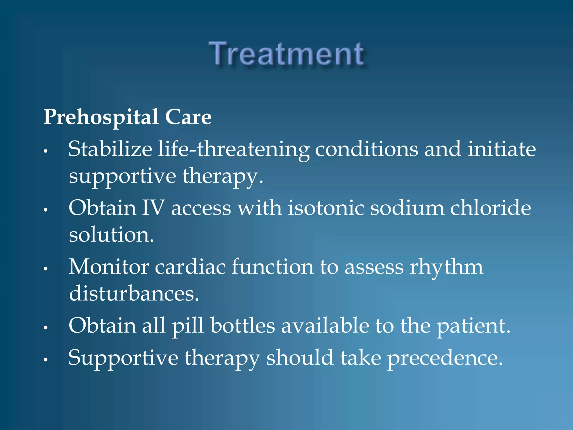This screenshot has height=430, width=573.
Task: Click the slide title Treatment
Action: click(286, 54)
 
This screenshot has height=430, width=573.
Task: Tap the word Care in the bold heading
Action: click(188, 117)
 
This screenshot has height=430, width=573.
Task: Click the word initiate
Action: click(502, 149)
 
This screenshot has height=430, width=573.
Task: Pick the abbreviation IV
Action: click(153, 208)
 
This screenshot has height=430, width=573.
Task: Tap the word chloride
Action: click(490, 208)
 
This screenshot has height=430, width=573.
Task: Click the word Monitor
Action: click(109, 267)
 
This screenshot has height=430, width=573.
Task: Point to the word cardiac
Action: click(190, 267)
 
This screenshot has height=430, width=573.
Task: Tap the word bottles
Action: click(243, 326)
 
